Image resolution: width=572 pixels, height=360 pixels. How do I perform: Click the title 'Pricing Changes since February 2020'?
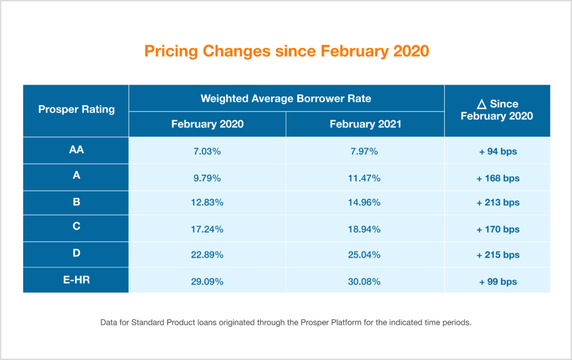286,51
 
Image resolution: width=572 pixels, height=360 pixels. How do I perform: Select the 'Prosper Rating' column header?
76,109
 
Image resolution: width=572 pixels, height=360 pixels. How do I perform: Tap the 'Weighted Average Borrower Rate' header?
286,98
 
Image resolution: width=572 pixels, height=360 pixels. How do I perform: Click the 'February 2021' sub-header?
365,124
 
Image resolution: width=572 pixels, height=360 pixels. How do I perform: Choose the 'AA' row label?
76,150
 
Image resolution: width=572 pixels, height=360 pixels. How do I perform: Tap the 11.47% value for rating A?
365,179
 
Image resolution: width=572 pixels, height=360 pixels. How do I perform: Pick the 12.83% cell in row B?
207,203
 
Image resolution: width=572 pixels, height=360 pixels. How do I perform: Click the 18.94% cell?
365,229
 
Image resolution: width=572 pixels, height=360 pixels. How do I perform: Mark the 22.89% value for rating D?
207,255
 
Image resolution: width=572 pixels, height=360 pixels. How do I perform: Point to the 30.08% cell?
365,281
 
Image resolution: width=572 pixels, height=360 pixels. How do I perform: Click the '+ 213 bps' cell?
498,203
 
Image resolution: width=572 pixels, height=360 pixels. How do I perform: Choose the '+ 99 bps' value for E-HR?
498,281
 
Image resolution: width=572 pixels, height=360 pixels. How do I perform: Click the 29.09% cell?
207,281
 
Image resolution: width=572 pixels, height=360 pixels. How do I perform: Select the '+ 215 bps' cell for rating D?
498,255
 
